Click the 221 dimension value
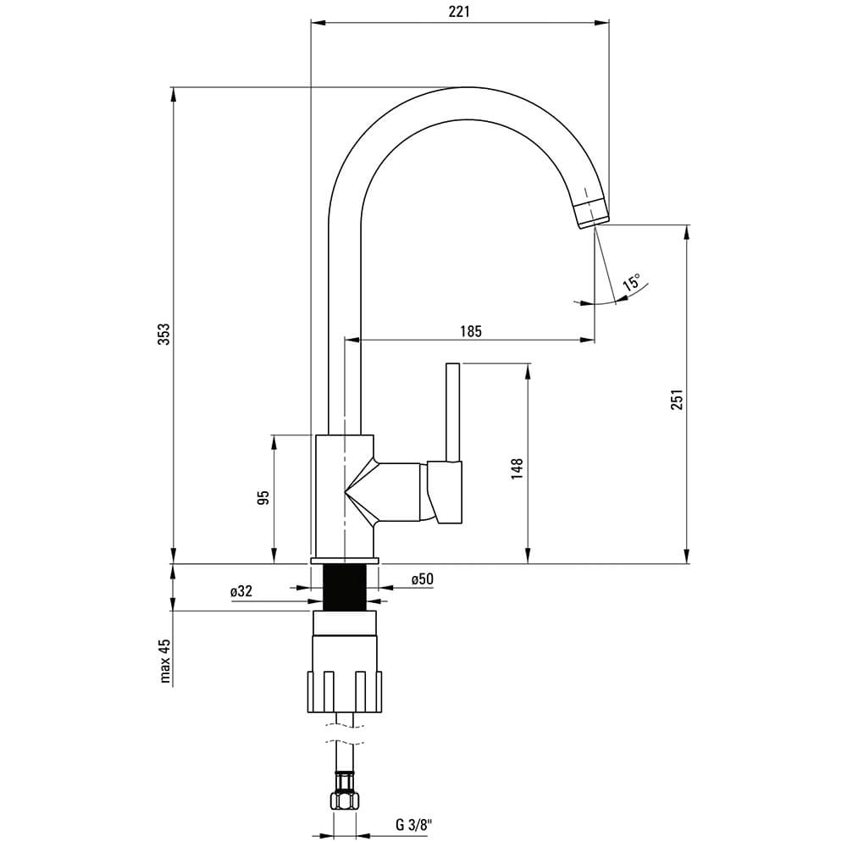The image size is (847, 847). pos(458,11)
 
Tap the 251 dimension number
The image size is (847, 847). pos(677,399)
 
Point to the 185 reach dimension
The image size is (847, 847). pos(470,330)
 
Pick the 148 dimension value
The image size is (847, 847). pos(517,469)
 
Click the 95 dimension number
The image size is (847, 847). pos(263,497)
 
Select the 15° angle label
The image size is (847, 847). pos(631,281)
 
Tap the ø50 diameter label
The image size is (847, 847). pos(422,579)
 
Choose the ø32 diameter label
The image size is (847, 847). pos(241,591)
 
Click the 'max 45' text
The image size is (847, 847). pos(165,661)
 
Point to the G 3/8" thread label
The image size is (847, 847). pos(415,824)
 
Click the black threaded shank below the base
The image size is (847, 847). pos(346,587)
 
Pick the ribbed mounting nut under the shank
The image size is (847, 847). pos(345,691)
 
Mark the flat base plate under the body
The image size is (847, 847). pos(346,560)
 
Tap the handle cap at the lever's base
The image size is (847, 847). pos(445,492)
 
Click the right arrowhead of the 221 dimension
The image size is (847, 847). pos(601,23)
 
